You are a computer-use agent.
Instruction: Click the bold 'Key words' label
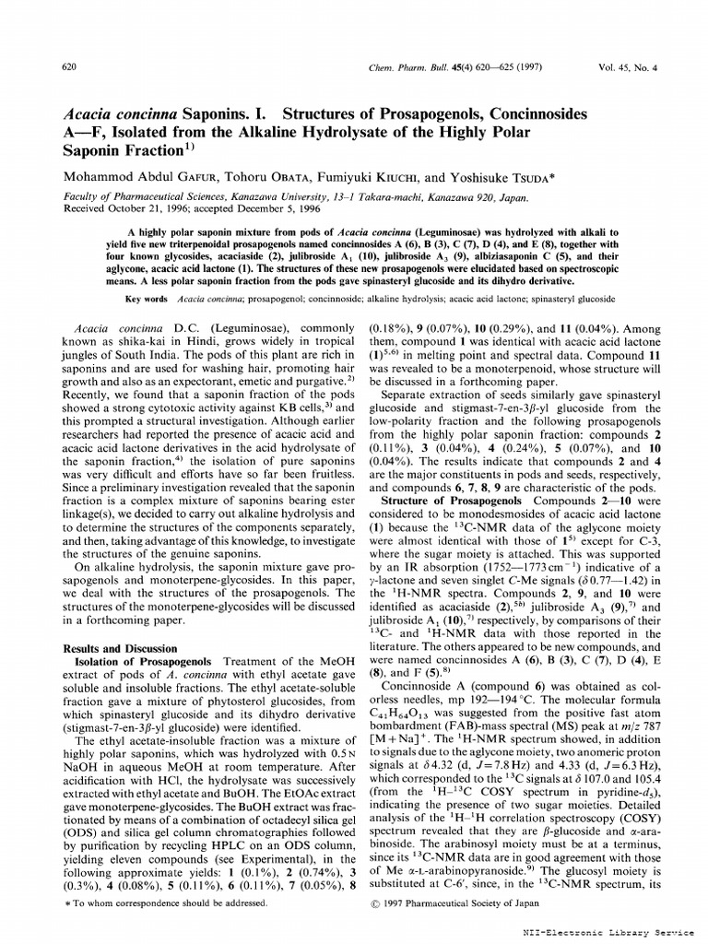[146, 300]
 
